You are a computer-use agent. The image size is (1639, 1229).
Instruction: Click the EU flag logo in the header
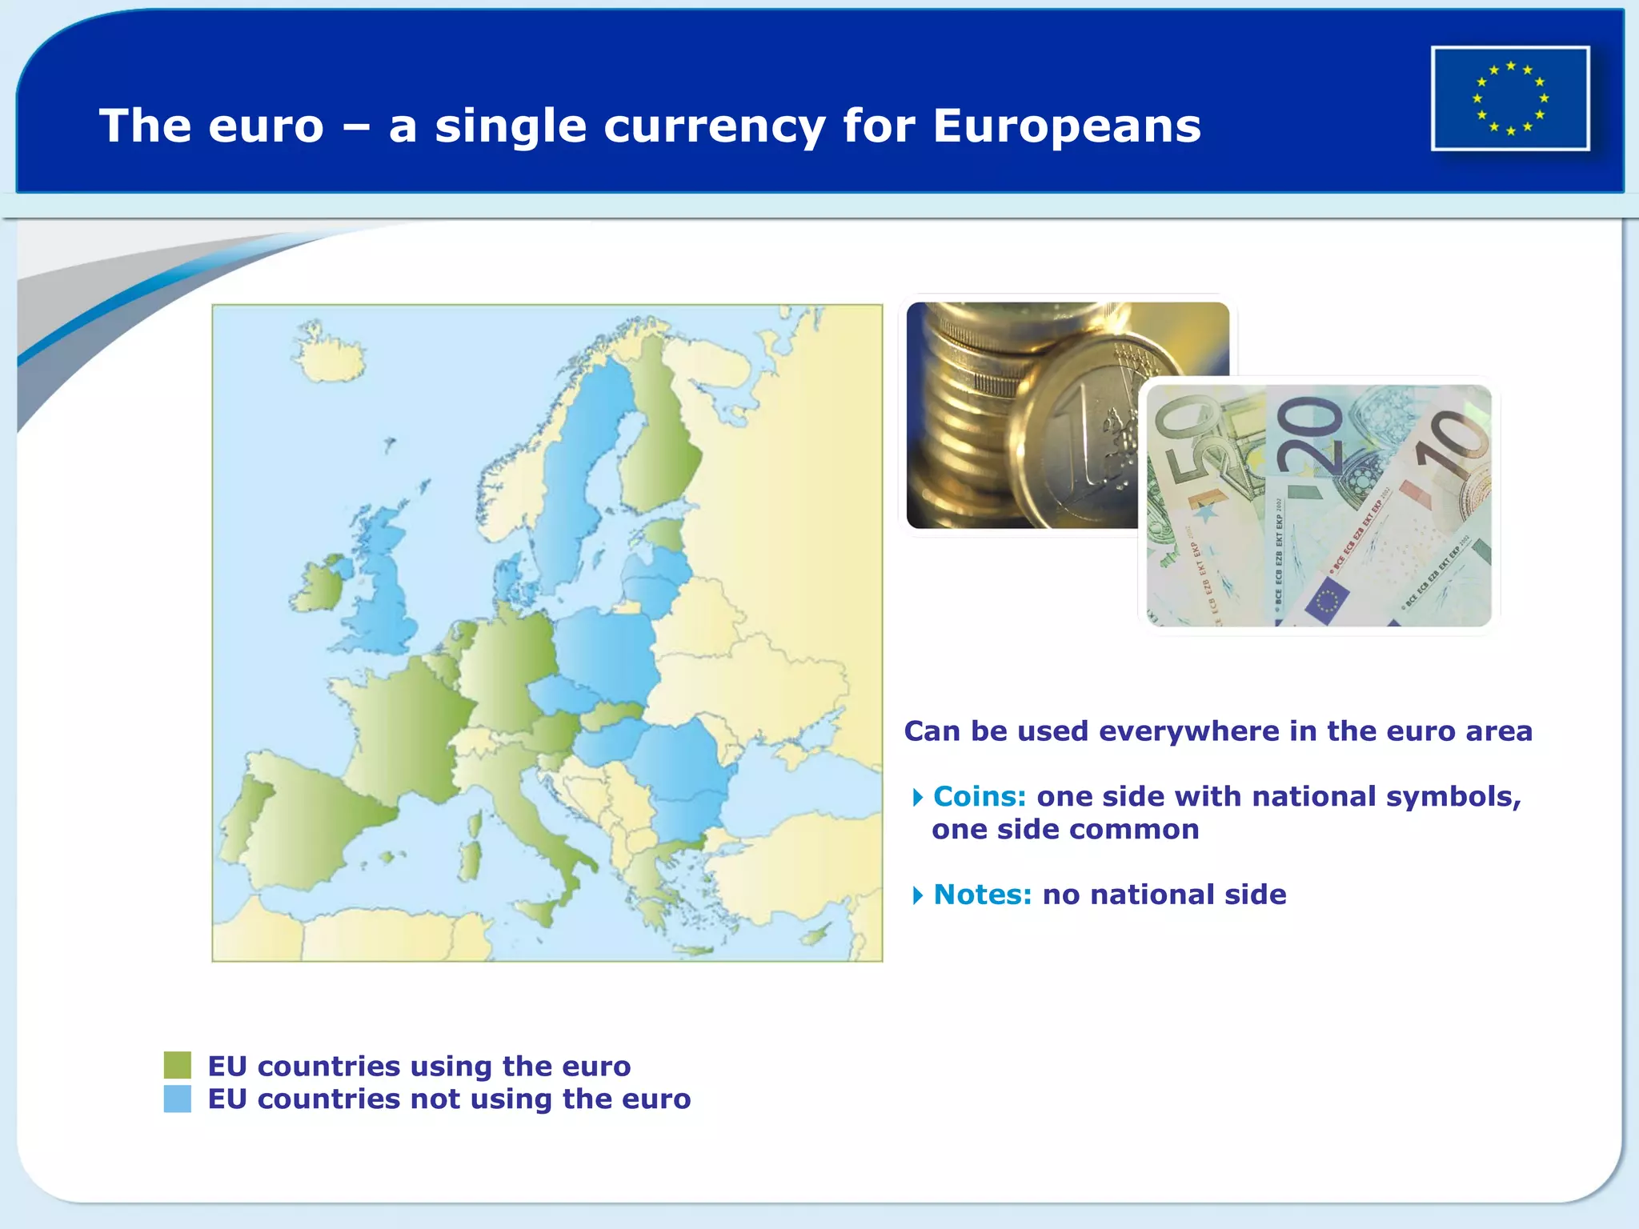[x=1510, y=98]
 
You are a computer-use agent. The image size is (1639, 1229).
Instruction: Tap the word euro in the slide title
[x=266, y=126]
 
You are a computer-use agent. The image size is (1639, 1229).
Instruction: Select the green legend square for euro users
[x=177, y=1065]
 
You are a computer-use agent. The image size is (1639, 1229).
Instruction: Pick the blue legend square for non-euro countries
[x=177, y=1099]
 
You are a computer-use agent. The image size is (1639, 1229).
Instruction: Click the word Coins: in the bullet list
[x=979, y=796]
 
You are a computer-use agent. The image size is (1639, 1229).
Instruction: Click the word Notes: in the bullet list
[x=982, y=895]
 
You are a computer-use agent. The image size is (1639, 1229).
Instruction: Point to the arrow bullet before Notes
[x=918, y=895]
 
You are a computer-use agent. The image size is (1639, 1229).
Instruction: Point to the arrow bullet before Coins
[x=918, y=797]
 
